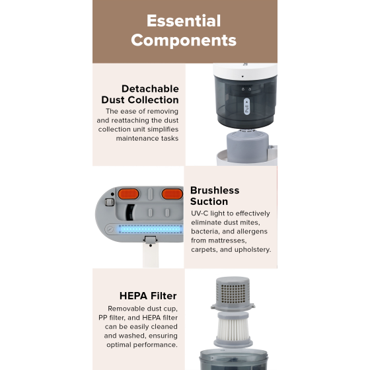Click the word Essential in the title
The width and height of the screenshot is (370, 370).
pyautogui.click(x=184, y=20)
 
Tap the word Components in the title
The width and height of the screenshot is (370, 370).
pyautogui.click(x=184, y=40)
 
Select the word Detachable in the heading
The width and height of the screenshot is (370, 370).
pyautogui.click(x=150, y=89)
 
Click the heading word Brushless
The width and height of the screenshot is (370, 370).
pyautogui.click(x=215, y=190)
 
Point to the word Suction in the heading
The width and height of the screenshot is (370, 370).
pyautogui.click(x=209, y=202)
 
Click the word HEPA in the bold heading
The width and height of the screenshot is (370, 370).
pyautogui.click(x=133, y=296)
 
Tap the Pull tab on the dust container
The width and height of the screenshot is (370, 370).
pyautogui.click(x=246, y=106)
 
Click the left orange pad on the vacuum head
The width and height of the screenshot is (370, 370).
pyautogui.click(x=128, y=194)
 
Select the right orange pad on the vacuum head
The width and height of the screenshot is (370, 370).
pyautogui.click(x=172, y=194)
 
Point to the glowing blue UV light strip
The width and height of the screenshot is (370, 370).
pyautogui.click(x=151, y=229)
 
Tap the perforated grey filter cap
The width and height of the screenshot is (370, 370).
pyautogui.click(x=233, y=293)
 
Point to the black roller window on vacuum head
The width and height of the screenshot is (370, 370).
pyautogui.click(x=129, y=212)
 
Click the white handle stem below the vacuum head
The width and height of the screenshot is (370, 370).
pyautogui.click(x=151, y=255)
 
